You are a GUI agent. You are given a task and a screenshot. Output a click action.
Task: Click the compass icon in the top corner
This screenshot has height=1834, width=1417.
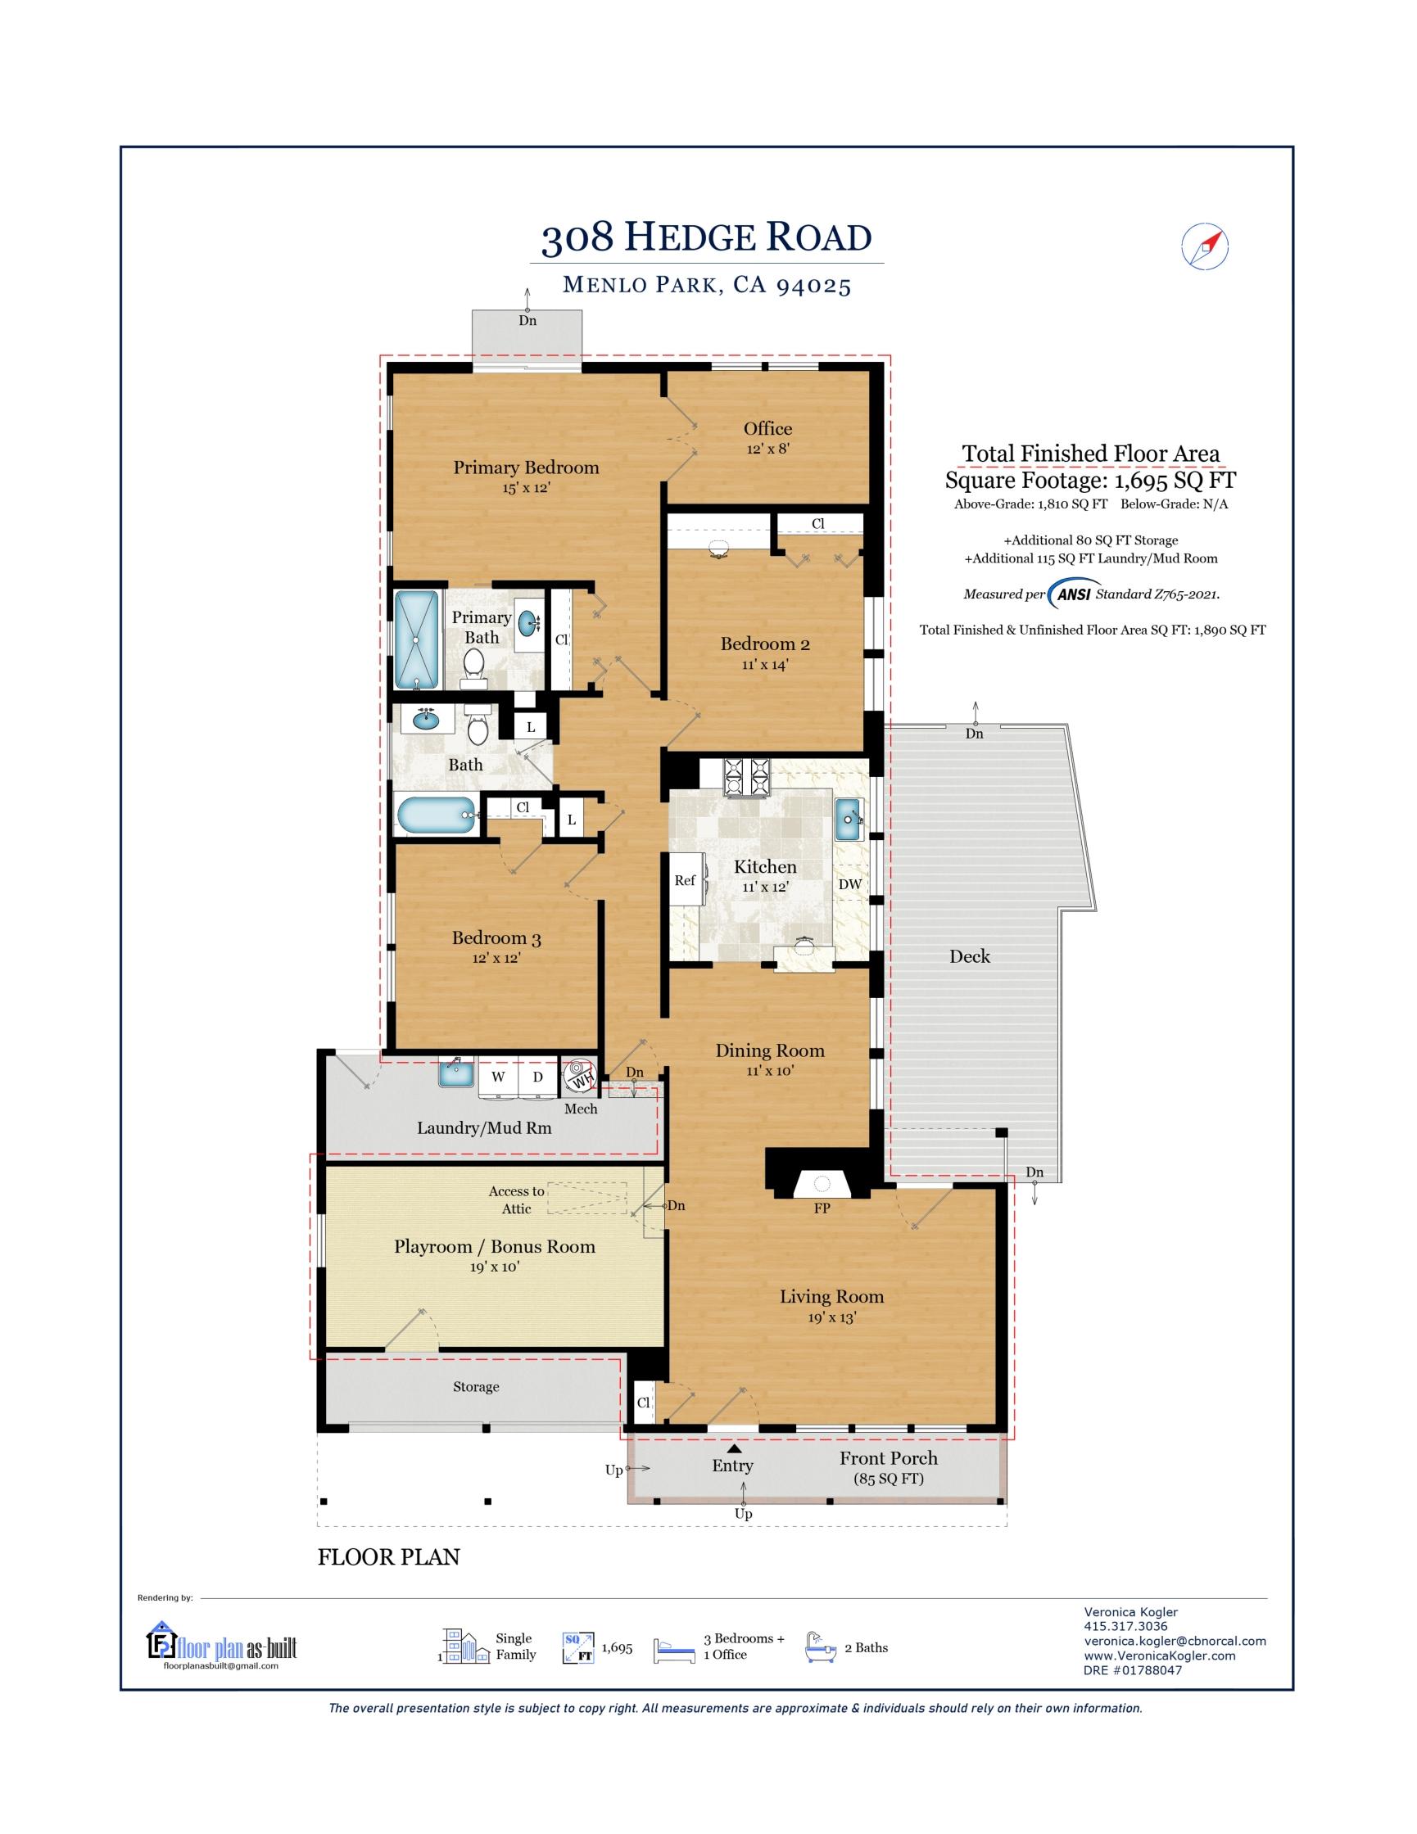pyautogui.click(x=1205, y=246)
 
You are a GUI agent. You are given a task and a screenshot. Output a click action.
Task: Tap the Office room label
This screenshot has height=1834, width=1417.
pyautogui.click(x=767, y=428)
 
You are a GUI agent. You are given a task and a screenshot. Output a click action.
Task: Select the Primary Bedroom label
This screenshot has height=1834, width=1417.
pyautogui.click(x=526, y=468)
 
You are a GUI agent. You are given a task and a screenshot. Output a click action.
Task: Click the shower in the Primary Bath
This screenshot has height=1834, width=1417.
pyautogui.click(x=418, y=640)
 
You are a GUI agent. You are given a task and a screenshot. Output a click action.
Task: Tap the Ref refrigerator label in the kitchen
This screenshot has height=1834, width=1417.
pyautogui.click(x=685, y=880)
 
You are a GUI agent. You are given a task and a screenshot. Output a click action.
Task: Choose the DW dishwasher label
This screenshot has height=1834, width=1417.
pyautogui.click(x=849, y=883)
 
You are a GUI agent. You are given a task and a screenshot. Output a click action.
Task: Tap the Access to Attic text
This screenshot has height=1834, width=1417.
pyautogui.click(x=517, y=1200)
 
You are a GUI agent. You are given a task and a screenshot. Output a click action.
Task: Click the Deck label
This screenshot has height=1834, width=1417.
pyautogui.click(x=969, y=955)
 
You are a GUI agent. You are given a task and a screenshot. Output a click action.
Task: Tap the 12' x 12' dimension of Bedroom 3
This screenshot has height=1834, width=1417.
pyautogui.click(x=497, y=958)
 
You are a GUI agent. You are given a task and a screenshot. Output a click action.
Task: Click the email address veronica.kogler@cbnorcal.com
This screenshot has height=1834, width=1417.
pyautogui.click(x=1175, y=1641)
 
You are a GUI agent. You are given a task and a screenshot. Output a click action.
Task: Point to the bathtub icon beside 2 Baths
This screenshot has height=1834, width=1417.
pyautogui.click(x=820, y=1647)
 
